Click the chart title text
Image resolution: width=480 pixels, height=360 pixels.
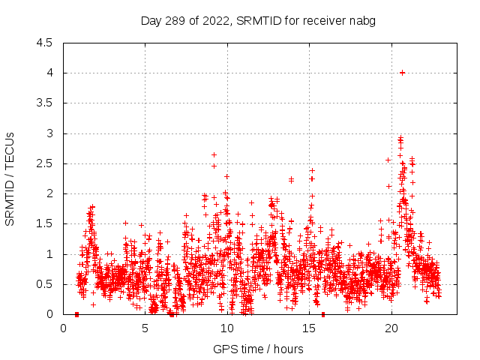(258, 20)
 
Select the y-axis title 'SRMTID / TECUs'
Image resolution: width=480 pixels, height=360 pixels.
(10, 178)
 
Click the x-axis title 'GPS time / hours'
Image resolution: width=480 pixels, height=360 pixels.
(258, 349)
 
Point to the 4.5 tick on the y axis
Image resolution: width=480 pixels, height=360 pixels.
(45, 43)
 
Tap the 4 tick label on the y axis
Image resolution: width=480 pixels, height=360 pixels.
(49, 73)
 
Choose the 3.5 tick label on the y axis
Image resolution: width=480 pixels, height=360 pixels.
(45, 103)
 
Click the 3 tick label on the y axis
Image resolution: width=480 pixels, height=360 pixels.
(49, 133)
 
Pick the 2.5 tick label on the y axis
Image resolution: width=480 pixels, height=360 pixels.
(45, 163)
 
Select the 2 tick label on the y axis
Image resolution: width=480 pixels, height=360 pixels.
(49, 193)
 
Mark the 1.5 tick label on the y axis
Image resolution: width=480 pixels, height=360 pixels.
(45, 223)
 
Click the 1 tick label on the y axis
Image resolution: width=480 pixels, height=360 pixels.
(49, 254)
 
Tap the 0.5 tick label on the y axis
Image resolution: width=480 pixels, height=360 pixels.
(45, 284)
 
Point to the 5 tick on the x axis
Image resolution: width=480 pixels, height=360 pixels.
(145, 328)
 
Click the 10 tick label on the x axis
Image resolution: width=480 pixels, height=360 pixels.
(227, 328)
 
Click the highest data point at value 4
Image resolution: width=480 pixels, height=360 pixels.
(403, 73)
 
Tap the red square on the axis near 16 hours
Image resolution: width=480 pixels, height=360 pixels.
(323, 313)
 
